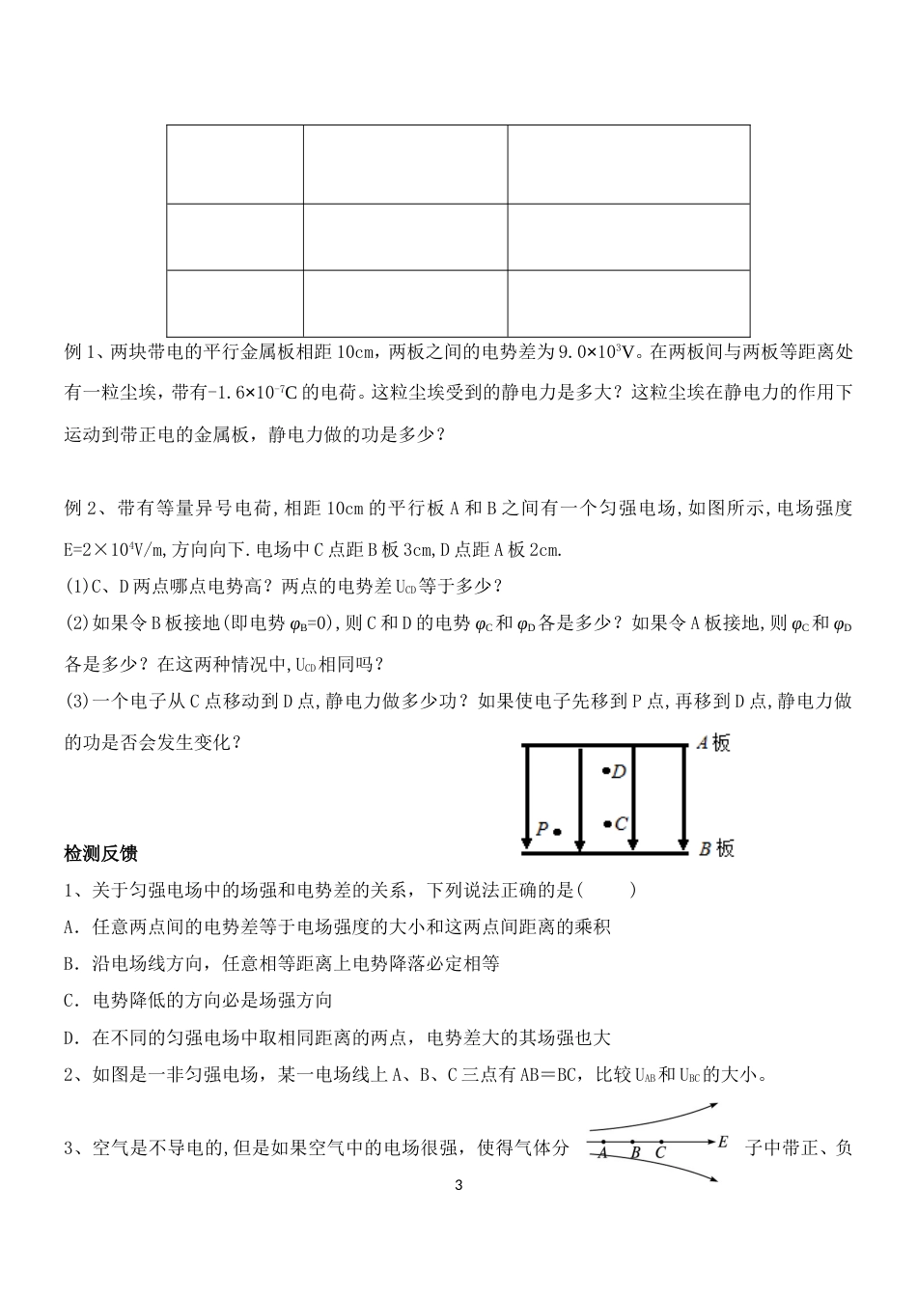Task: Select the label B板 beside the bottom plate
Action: pyautogui.click(x=716, y=848)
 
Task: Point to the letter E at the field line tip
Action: pyautogui.click(x=723, y=1143)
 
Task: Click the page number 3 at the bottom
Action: pyautogui.click(x=458, y=1185)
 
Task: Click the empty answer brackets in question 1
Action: pyautogui.click(x=605, y=889)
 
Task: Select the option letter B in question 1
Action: pyautogui.click(x=69, y=963)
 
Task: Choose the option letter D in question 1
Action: pyautogui.click(x=69, y=1038)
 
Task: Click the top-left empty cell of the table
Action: pyautogui.click(x=235, y=164)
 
